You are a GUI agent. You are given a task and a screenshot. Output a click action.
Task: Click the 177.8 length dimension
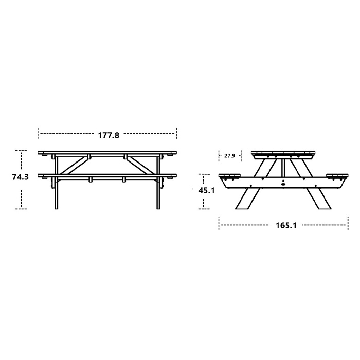(x=109, y=135)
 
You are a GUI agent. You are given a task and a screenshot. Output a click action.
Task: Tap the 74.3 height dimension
(x=21, y=177)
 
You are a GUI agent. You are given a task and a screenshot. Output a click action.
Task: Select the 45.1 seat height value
(x=206, y=190)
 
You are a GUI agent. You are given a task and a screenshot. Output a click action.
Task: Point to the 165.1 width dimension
(x=286, y=225)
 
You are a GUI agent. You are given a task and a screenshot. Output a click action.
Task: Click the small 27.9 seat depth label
(x=229, y=156)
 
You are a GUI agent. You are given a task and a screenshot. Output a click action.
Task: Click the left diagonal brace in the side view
(x=74, y=165)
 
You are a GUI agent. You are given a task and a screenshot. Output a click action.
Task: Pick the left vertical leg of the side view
(x=57, y=183)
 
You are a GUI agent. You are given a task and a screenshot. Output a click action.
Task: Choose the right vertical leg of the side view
(x=158, y=183)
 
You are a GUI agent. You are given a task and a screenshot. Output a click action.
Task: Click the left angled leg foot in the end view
(x=247, y=199)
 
